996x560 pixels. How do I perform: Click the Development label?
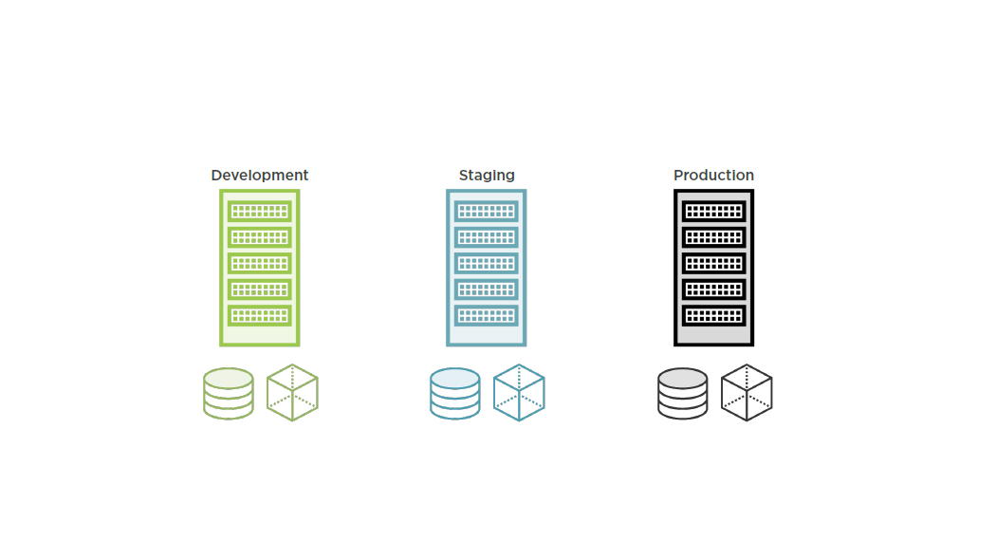point(259,176)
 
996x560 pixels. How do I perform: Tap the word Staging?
point(487,176)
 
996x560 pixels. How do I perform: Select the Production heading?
point(713,176)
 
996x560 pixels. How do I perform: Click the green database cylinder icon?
point(229,393)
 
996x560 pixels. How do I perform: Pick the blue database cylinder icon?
point(455,393)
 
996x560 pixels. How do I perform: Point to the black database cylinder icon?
point(682,393)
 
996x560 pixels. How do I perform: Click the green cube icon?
point(292,393)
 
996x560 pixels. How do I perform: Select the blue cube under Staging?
point(519,393)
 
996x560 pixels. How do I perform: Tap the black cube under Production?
point(747,393)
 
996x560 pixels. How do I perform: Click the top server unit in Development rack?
point(259,211)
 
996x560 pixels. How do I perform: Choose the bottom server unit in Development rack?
point(259,314)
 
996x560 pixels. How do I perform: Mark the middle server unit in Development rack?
point(259,263)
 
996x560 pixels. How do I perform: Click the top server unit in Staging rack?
point(487,211)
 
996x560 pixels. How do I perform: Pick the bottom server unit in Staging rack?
point(487,314)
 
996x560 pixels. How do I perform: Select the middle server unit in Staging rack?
point(487,263)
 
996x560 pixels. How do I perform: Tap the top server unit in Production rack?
point(713,211)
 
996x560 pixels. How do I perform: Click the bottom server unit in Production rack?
point(713,314)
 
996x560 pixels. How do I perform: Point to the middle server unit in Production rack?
point(713,263)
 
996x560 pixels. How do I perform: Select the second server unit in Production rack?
point(713,236)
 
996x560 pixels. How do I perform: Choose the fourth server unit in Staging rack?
point(487,289)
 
